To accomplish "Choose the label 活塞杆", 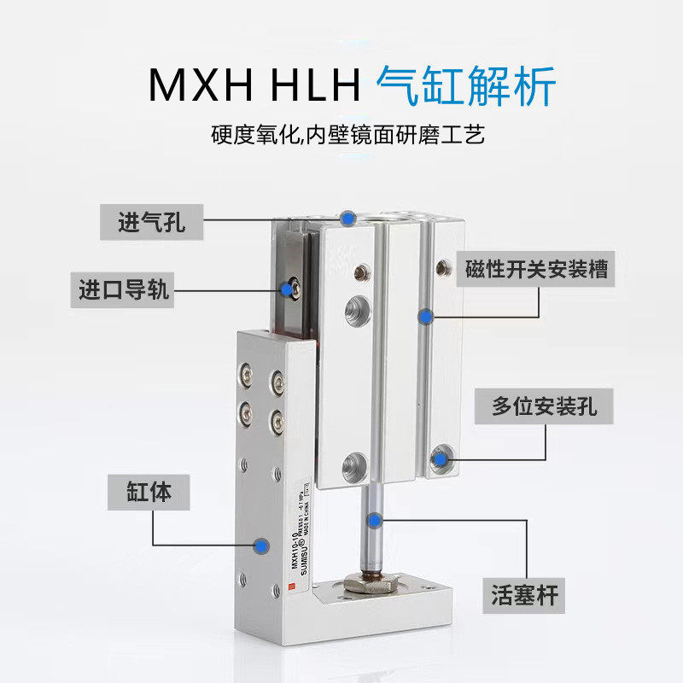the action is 524,593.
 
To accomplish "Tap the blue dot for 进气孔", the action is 347,218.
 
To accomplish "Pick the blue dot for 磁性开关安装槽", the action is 424,316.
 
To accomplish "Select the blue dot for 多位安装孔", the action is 441,459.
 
